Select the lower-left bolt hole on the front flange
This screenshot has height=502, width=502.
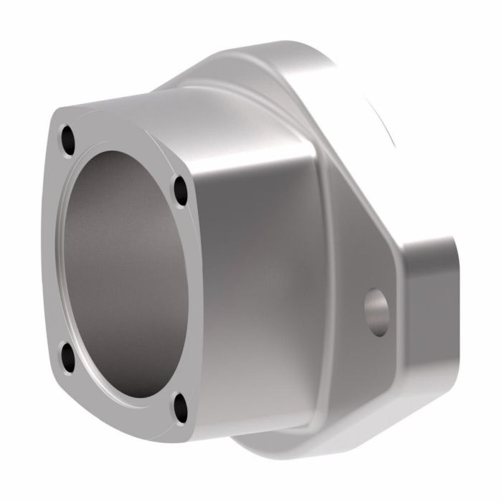(67, 356)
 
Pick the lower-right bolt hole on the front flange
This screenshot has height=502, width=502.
(180, 407)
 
